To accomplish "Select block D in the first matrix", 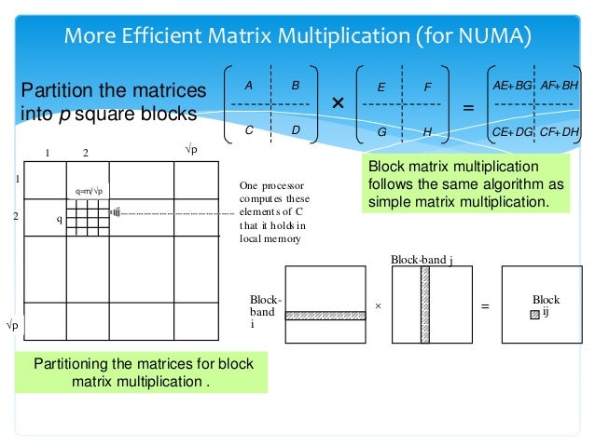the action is (295, 130).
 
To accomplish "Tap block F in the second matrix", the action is (427, 87).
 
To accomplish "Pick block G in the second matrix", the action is (381, 132).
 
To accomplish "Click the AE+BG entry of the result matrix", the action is (512, 85).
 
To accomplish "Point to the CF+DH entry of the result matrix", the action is (560, 131).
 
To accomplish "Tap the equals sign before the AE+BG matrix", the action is (468, 108).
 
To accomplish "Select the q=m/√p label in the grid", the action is (92, 191).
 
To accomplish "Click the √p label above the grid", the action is (194, 150).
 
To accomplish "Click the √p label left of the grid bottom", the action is (13, 326).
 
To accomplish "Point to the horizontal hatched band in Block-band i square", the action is (325, 316).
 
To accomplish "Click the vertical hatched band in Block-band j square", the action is (425, 304).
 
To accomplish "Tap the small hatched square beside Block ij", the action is (534, 315).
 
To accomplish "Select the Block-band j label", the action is (422, 259).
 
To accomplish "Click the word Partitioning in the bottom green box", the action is (75, 363).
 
